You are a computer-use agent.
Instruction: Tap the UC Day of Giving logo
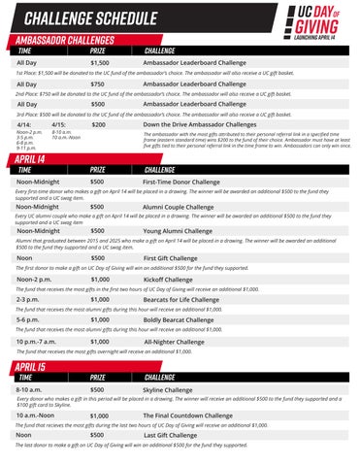[319, 21]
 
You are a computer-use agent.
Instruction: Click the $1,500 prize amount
[99, 62]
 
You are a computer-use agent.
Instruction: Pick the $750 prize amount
[97, 83]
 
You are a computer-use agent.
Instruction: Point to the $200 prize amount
[97, 124]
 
